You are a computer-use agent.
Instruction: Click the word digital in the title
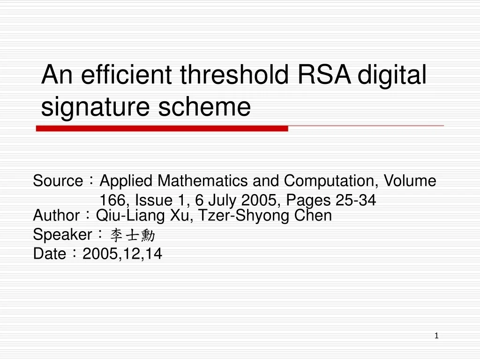(392, 75)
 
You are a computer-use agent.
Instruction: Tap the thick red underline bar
(162, 128)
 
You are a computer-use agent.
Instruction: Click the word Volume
(410, 181)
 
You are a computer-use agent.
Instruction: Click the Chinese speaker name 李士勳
(132, 235)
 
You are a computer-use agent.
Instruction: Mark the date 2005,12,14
(122, 254)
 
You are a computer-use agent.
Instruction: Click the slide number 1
(436, 335)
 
